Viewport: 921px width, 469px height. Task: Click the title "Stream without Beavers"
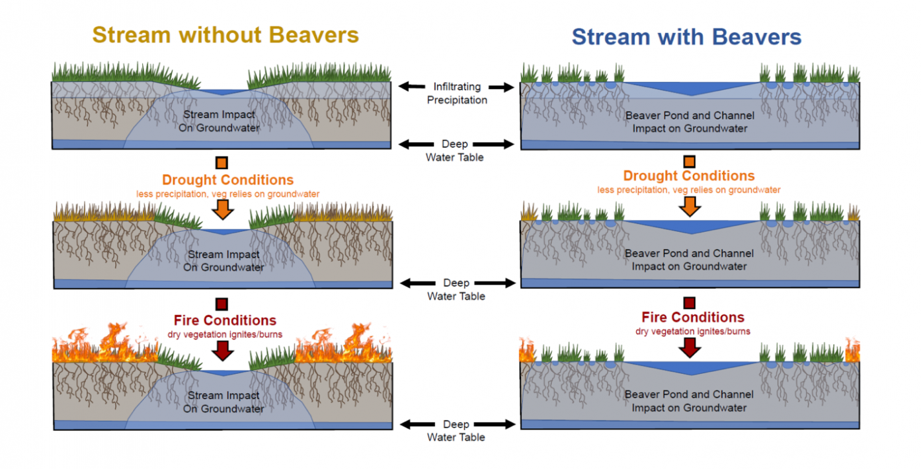[x=225, y=34]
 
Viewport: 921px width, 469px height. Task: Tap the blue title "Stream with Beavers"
[x=686, y=36]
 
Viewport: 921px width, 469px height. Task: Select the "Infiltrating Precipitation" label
[x=457, y=93]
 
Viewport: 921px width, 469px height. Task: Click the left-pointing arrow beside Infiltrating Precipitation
[x=411, y=87]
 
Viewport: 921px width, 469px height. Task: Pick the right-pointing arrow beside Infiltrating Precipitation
[x=502, y=87]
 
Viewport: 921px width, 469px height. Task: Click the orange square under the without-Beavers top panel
[x=221, y=162]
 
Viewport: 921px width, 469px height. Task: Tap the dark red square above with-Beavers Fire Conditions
[x=689, y=303]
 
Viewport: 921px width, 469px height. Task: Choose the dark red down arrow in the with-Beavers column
[x=690, y=347]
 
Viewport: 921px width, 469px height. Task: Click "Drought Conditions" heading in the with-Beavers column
[x=688, y=176]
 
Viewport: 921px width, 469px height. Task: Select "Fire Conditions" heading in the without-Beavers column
[x=225, y=320]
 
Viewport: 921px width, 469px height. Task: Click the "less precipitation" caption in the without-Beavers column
[x=227, y=194]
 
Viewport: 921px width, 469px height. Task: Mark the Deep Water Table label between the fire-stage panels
[x=456, y=431]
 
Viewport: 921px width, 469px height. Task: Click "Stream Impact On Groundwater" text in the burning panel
[x=223, y=402]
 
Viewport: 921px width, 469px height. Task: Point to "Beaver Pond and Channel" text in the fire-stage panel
[x=690, y=394]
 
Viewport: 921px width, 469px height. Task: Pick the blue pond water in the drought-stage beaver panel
[x=690, y=226]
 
